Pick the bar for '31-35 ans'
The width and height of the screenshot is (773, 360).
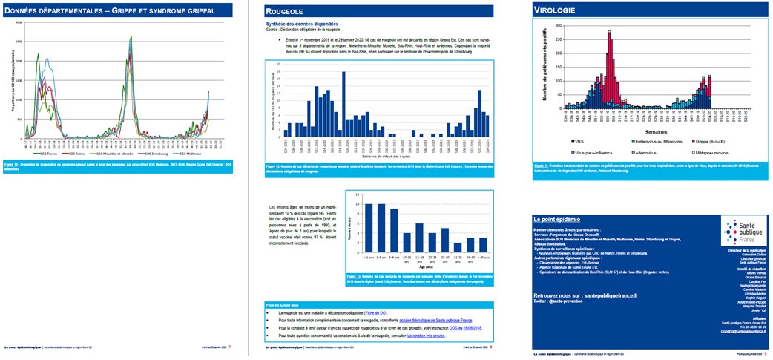pyautogui.click(x=458, y=248)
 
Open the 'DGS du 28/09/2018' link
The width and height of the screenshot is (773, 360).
pyautogui.click(x=465, y=328)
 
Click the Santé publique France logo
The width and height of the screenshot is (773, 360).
pyautogui.click(x=743, y=232)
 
